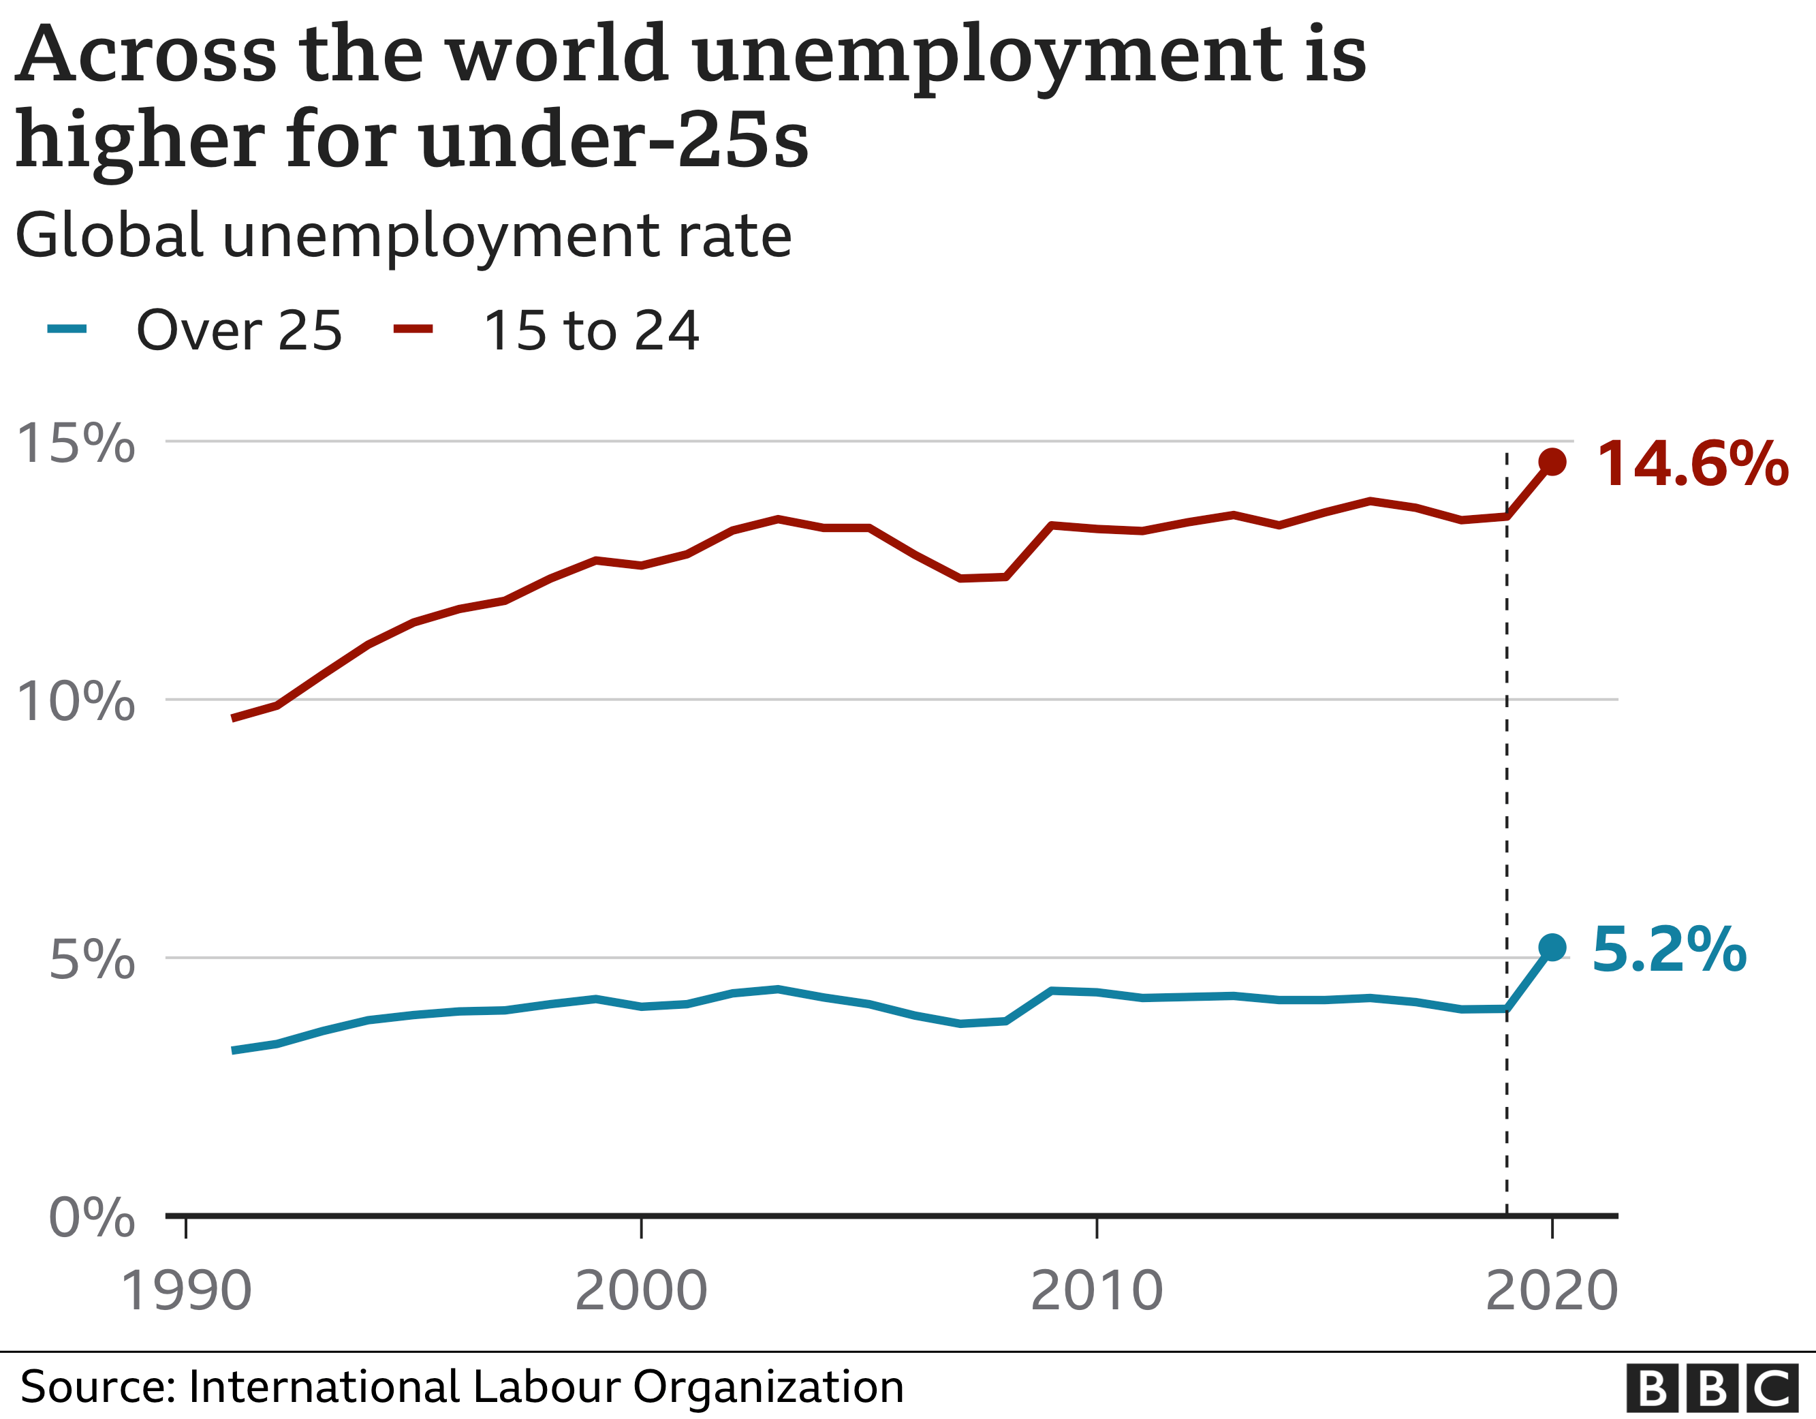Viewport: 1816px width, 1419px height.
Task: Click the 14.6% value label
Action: tap(1692, 464)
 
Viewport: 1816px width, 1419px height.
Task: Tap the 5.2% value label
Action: tap(1669, 949)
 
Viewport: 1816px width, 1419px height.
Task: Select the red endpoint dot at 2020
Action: tap(1552, 462)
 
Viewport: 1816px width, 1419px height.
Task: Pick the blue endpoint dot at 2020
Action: tap(1552, 948)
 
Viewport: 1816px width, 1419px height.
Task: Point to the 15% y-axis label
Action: tap(75, 443)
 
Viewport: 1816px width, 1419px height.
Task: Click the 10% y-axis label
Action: tap(75, 701)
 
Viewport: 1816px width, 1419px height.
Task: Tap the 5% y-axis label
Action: tap(91, 960)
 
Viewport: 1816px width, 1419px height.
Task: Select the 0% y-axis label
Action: tap(91, 1218)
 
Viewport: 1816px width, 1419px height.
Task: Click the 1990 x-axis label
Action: tap(185, 1291)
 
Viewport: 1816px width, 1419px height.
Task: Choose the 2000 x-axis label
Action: tap(640, 1291)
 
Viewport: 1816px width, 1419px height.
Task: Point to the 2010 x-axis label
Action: tap(1096, 1291)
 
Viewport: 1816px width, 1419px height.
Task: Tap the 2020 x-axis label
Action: tap(1551, 1291)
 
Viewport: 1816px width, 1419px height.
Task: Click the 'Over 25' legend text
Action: tap(238, 331)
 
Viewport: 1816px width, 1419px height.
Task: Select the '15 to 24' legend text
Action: tap(591, 331)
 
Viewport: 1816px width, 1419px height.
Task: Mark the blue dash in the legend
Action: tap(67, 328)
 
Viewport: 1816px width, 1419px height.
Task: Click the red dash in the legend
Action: tap(412, 328)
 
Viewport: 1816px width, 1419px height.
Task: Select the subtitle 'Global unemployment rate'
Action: tap(403, 236)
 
